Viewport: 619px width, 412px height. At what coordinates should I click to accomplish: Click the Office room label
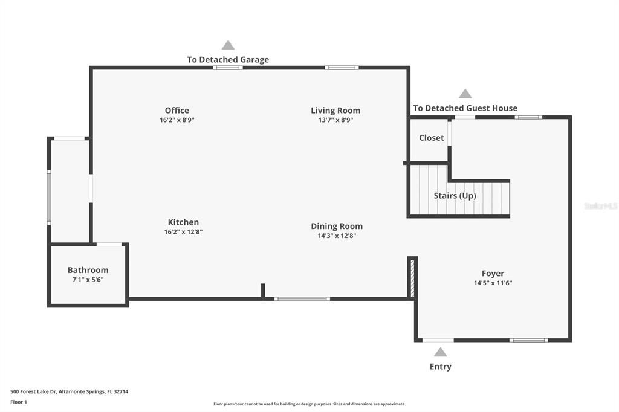pyautogui.click(x=177, y=111)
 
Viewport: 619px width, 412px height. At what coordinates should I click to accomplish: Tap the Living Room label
pyautogui.click(x=335, y=111)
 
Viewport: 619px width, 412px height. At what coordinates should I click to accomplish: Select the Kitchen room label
pyautogui.click(x=183, y=222)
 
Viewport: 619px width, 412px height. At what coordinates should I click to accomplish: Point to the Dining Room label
pyautogui.click(x=337, y=227)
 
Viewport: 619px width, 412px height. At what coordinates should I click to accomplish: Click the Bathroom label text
pyautogui.click(x=88, y=270)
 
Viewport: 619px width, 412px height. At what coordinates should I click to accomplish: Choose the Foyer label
pyautogui.click(x=493, y=274)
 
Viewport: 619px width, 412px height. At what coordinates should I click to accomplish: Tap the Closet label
pyautogui.click(x=432, y=138)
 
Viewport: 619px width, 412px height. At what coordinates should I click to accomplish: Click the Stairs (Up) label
pyautogui.click(x=455, y=196)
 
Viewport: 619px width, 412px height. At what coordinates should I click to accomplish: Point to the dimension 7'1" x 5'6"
pyautogui.click(x=88, y=280)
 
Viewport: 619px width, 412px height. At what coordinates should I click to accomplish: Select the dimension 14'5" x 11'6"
pyautogui.click(x=493, y=283)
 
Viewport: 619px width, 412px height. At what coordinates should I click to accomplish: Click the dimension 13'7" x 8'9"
pyautogui.click(x=335, y=120)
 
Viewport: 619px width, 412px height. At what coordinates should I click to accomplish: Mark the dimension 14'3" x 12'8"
pyautogui.click(x=337, y=236)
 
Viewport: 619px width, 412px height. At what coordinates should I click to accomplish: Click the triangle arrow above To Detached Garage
pyautogui.click(x=228, y=45)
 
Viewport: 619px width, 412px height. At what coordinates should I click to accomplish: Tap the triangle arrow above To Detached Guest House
pyautogui.click(x=465, y=94)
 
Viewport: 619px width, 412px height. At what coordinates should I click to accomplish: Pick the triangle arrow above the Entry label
pyautogui.click(x=441, y=352)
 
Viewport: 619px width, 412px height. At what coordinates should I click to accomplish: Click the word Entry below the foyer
pyautogui.click(x=440, y=367)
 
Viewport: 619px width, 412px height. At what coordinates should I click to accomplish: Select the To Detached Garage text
pyautogui.click(x=228, y=60)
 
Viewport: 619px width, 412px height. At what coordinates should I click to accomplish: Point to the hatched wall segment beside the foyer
pyautogui.click(x=412, y=277)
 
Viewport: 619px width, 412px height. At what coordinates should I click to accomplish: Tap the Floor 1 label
pyautogui.click(x=19, y=402)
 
